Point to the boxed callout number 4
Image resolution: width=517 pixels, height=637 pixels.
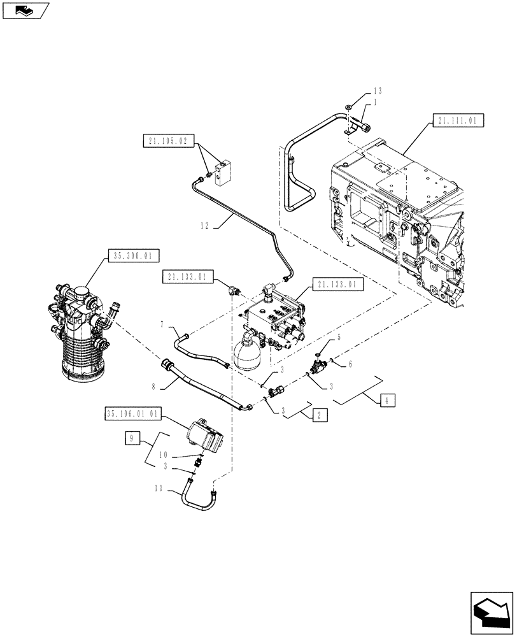[388, 401]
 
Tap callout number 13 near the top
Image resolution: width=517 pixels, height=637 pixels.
[377, 91]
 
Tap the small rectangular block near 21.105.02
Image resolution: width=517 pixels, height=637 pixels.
[223, 173]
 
